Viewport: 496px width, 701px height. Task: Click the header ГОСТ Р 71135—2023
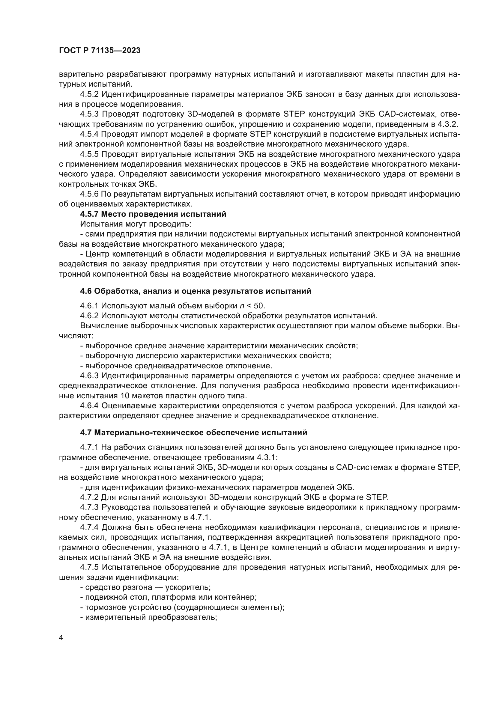(100, 51)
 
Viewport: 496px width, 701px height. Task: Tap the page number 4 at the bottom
(61, 638)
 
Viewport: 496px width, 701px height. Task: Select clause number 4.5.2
(90, 94)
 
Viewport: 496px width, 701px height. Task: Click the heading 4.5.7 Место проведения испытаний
(153, 214)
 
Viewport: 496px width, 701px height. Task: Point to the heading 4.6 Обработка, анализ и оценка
(196, 291)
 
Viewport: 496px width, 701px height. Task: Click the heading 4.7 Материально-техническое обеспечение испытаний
(193, 433)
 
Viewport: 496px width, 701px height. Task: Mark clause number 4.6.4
(90, 406)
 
